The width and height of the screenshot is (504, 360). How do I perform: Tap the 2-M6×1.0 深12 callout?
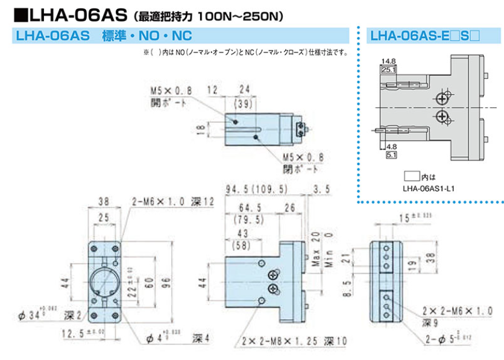click(171, 201)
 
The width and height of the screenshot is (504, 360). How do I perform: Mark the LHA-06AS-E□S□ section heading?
click(426, 36)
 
